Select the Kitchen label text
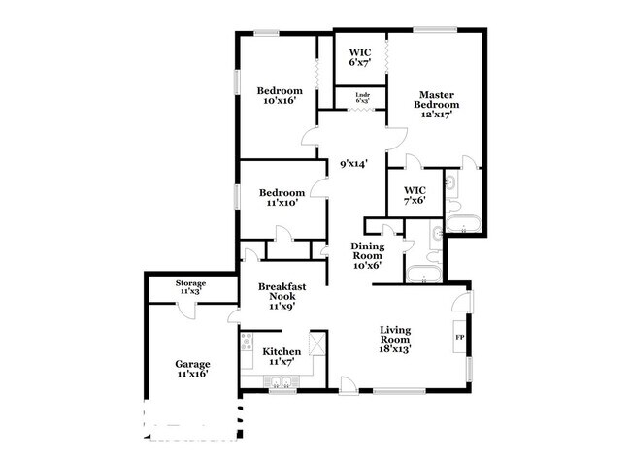pyautogui.click(x=282, y=351)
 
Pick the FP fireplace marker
pyautogui.click(x=460, y=338)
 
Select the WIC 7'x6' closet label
pyautogui.click(x=415, y=195)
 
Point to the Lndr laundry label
pyautogui.click(x=363, y=97)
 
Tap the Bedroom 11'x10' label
pyautogui.click(x=280, y=197)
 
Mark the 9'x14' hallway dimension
pyautogui.click(x=352, y=164)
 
